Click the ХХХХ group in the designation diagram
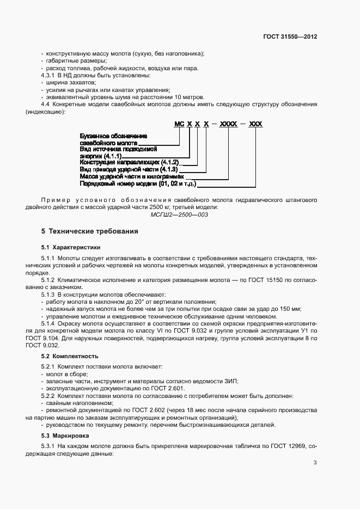[x=229, y=125]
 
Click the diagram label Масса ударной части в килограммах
[x=132, y=177]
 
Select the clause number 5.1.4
[x=50, y=323]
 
